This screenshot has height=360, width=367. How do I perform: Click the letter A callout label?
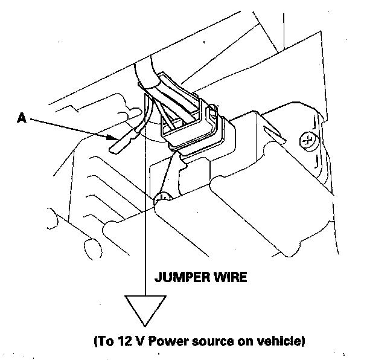21,120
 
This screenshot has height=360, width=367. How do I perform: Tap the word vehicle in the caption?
282,341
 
